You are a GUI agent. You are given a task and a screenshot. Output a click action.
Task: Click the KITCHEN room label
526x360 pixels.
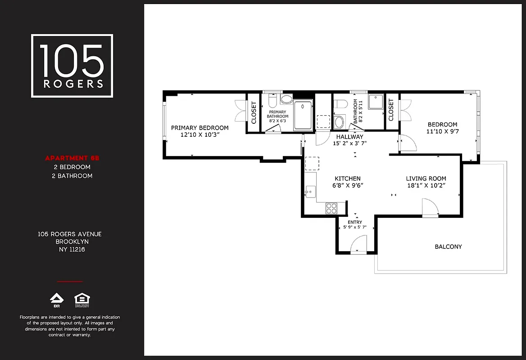(347, 179)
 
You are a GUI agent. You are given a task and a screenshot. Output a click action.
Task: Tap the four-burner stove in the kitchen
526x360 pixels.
(331, 208)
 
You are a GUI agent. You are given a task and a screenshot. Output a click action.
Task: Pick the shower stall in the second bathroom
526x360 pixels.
(376, 102)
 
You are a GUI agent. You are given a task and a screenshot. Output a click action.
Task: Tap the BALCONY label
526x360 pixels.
(448, 247)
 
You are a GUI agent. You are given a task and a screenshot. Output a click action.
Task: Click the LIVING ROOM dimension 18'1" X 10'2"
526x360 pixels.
(426, 185)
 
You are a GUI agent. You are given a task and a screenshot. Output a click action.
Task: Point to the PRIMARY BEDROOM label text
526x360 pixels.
(200, 128)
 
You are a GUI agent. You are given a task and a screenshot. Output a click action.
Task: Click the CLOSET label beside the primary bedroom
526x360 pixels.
(254, 113)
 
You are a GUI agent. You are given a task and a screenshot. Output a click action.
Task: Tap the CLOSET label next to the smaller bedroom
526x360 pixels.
(391, 110)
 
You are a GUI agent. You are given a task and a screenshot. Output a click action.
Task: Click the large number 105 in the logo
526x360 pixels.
(72, 60)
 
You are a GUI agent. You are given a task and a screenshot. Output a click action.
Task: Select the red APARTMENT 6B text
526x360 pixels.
(72, 158)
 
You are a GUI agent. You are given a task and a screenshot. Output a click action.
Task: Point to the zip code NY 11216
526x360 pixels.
(70, 249)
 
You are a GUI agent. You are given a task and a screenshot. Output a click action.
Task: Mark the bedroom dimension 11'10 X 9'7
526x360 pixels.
(442, 131)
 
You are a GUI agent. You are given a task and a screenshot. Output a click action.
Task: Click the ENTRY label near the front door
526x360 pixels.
(355, 222)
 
